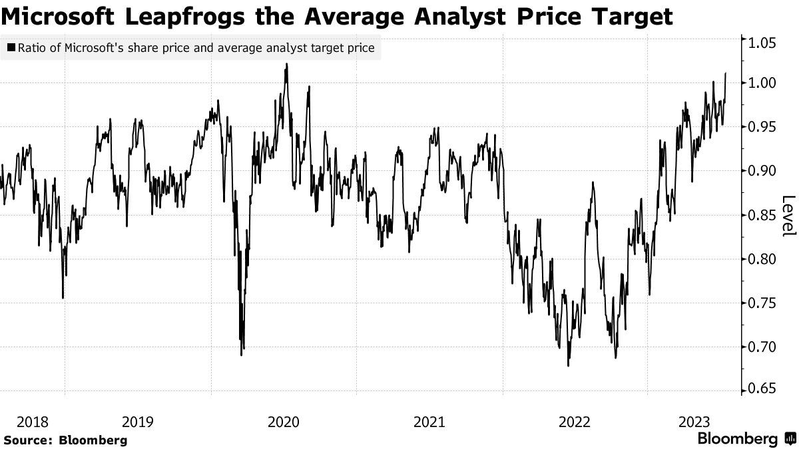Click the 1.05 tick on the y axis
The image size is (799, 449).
[762, 43]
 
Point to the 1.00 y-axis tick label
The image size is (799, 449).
[762, 83]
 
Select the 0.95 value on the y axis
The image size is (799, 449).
[762, 127]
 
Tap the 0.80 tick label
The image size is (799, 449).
[762, 259]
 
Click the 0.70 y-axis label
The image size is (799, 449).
[762, 347]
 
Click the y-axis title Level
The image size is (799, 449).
[788, 216]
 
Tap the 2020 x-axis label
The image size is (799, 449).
[283, 422]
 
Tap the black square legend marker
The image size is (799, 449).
[11, 48]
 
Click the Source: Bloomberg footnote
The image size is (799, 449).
[65, 440]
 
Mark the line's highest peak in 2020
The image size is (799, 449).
[286, 64]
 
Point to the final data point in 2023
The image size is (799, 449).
[725, 73]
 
